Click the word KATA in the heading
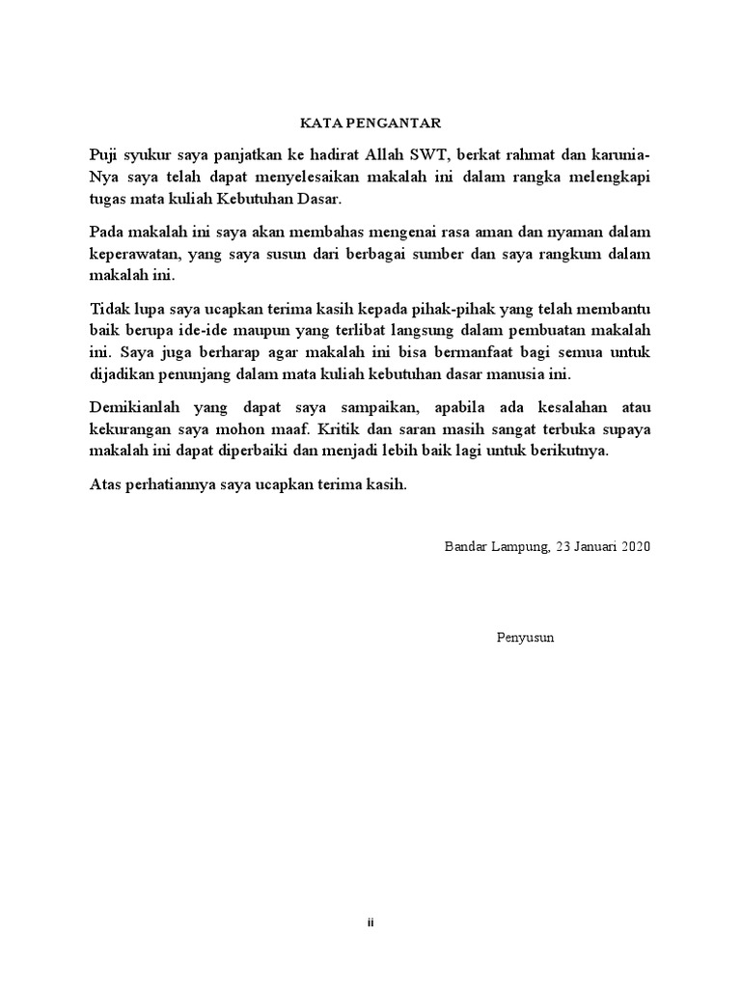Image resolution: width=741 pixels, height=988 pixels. pyautogui.click(x=316, y=123)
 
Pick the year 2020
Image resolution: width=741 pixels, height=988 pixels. pyautogui.click(x=637, y=547)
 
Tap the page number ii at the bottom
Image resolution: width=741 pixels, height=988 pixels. pyautogui.click(x=370, y=923)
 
